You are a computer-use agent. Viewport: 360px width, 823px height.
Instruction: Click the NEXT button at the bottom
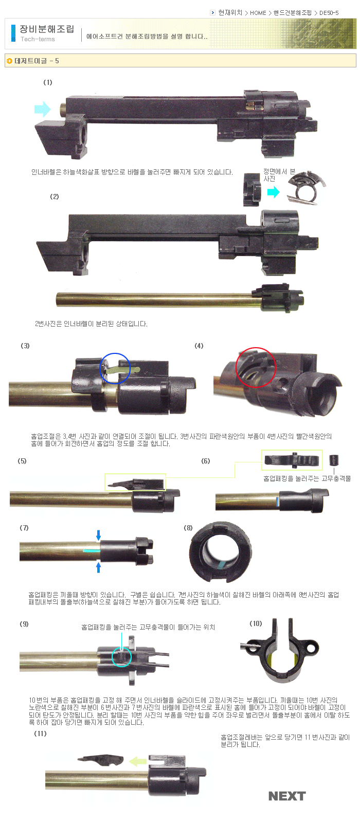tap(287, 796)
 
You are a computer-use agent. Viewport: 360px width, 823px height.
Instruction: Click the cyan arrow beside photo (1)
tap(42, 109)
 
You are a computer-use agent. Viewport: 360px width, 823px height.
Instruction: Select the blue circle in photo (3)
tap(115, 368)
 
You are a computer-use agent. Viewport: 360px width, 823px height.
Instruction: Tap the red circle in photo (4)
tap(256, 367)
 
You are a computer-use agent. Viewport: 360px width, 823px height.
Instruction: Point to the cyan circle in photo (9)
tap(121, 657)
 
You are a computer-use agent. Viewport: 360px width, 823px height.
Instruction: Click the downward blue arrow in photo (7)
tap(98, 535)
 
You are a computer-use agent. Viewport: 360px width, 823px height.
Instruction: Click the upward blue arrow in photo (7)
tap(98, 567)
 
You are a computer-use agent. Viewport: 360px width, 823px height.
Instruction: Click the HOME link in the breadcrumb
tap(258, 13)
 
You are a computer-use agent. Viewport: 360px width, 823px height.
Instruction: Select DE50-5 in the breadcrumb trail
tap(329, 13)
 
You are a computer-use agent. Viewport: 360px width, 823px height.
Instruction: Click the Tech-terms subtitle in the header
tap(38, 39)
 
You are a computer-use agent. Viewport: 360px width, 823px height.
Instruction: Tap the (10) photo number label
tap(256, 623)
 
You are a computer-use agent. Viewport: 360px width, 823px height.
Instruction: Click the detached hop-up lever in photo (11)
tap(100, 760)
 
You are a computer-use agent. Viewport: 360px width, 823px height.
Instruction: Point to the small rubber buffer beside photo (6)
tap(334, 460)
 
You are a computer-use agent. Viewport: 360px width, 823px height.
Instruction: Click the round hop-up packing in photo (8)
tap(221, 552)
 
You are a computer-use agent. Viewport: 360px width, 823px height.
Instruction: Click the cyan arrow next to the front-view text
tap(273, 192)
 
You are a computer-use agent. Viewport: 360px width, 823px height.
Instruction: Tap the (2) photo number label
tap(55, 196)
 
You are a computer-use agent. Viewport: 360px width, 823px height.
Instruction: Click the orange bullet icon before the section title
tap(10, 61)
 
